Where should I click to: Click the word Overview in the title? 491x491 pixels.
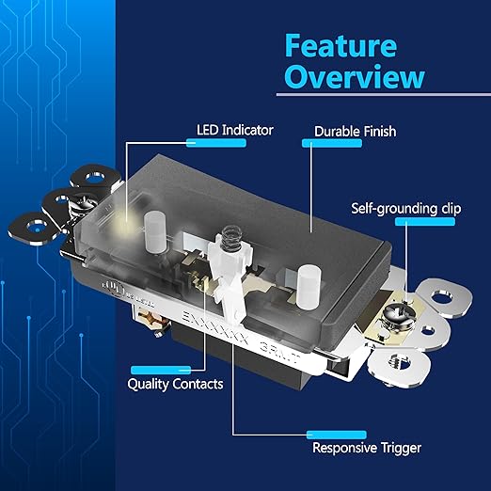[354, 76]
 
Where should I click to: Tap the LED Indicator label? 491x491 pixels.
[234, 129]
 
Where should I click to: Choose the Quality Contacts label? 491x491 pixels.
[175, 385]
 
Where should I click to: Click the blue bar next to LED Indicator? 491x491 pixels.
[208, 143]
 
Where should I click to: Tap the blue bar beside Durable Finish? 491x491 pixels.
[321, 144]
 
